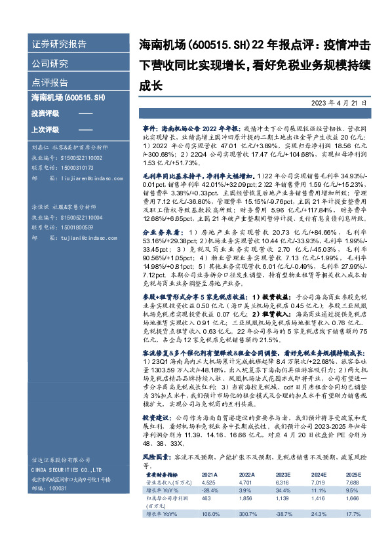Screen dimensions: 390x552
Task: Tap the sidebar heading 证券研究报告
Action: (59, 45)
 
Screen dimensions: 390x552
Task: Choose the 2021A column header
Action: (209, 473)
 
